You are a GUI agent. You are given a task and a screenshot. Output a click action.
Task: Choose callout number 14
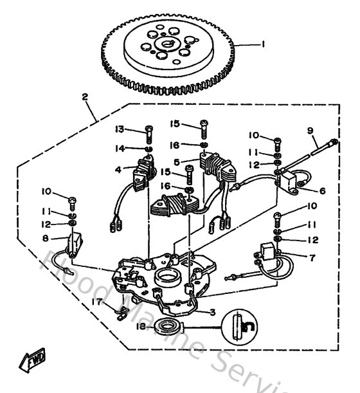[119, 148]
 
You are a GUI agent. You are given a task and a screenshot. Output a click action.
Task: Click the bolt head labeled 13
[148, 130]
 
